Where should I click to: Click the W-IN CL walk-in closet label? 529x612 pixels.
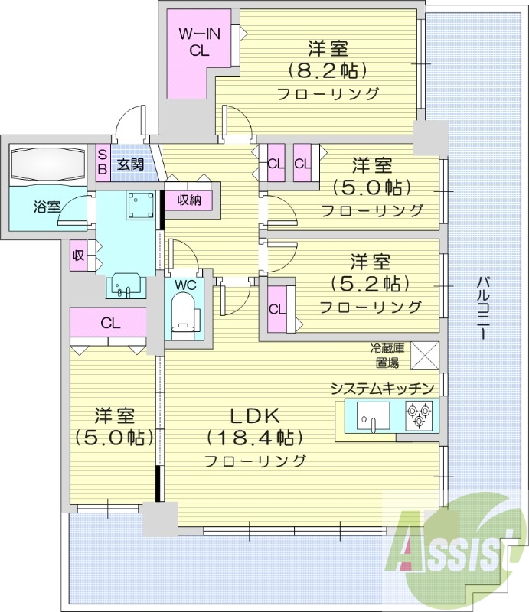[x=198, y=42]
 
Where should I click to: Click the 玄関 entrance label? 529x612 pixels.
[x=131, y=163]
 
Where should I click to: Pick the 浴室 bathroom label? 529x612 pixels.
[x=47, y=207]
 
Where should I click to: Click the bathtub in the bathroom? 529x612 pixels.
[x=47, y=164]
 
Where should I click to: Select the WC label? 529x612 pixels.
[x=185, y=285]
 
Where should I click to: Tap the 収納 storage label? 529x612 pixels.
[x=191, y=200]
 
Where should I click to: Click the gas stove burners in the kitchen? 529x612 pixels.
[x=419, y=415]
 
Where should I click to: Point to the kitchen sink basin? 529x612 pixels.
[x=373, y=416]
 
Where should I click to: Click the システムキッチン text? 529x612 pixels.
[x=383, y=388]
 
